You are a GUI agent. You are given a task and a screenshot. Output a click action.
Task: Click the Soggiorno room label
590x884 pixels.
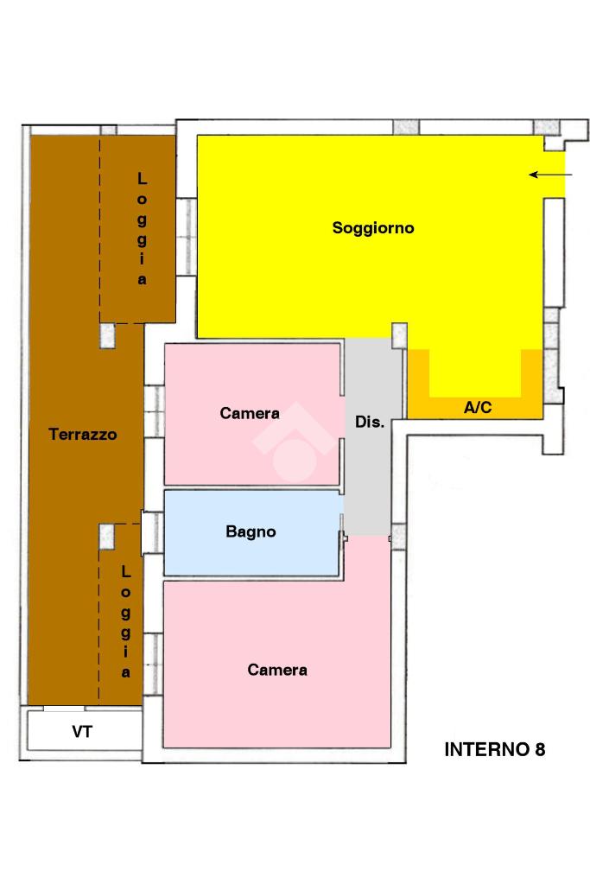pyautogui.click(x=373, y=228)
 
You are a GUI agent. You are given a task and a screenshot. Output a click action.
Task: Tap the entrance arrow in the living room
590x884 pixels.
pyautogui.click(x=550, y=175)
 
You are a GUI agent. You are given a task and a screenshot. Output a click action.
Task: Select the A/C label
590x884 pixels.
pyautogui.click(x=478, y=408)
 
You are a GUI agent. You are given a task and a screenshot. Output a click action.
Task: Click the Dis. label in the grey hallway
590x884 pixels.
pyautogui.click(x=370, y=423)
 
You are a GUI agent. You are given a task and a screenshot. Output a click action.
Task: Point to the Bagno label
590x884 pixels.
pyautogui.click(x=251, y=531)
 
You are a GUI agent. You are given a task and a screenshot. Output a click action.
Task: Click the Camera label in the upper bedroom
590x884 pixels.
pyautogui.click(x=249, y=414)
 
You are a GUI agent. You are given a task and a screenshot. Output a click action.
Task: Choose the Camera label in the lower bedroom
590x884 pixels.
pyautogui.click(x=277, y=670)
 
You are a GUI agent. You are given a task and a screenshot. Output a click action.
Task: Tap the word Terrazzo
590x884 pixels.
pyautogui.click(x=82, y=435)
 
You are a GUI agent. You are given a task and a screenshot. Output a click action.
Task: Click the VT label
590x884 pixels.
pyautogui.click(x=82, y=732)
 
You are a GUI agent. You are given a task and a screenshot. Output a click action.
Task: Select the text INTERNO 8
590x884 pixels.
pyautogui.click(x=494, y=749)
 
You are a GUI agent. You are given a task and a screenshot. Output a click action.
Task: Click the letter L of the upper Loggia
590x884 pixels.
pyautogui.click(x=143, y=179)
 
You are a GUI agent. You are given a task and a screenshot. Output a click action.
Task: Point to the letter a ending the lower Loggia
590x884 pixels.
pyautogui.click(x=126, y=672)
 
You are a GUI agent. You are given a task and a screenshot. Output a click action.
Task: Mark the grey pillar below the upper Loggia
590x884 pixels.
pyautogui.click(x=108, y=335)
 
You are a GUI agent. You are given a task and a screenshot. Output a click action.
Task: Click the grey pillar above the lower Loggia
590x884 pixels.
pyautogui.click(x=108, y=537)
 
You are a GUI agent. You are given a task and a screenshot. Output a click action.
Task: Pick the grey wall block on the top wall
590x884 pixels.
pyautogui.click(x=406, y=127)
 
